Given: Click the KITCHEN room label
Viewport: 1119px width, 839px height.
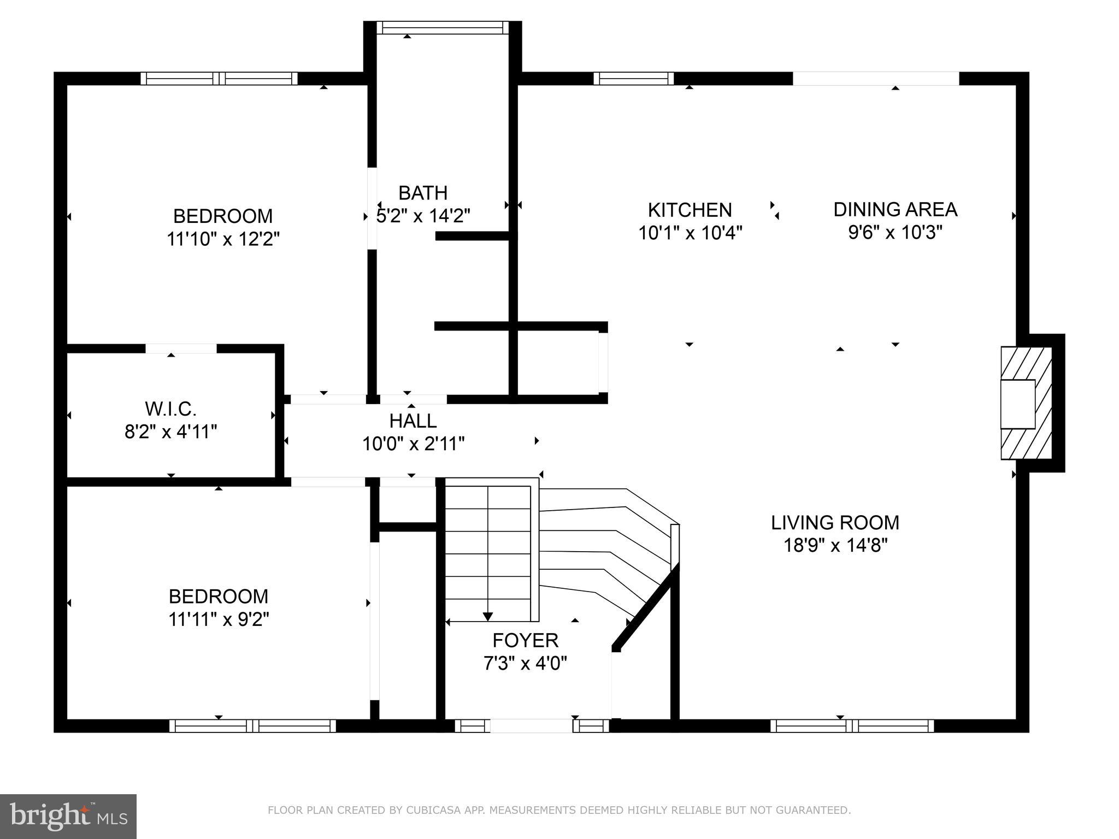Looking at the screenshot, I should [x=690, y=210].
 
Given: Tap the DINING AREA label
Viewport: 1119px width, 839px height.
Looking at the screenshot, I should [x=895, y=209].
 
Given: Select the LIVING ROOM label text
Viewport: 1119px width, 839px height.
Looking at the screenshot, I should [x=835, y=523].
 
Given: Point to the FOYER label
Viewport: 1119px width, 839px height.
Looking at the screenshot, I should [x=525, y=640].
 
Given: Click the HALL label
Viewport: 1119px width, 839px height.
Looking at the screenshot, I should [x=413, y=421].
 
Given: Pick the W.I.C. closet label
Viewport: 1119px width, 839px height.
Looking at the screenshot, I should [x=170, y=409].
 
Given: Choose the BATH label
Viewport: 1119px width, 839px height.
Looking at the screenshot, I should [x=423, y=193].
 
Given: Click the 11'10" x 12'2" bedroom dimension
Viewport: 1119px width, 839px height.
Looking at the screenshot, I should [x=223, y=239].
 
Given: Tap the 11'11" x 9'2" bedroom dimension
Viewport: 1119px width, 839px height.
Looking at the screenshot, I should [x=219, y=619].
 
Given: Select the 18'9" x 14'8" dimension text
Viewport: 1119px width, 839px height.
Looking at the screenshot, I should [x=835, y=545].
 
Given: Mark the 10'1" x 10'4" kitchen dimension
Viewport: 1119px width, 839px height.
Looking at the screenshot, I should [x=690, y=233].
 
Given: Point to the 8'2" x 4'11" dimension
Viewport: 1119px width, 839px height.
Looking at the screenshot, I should [x=171, y=432].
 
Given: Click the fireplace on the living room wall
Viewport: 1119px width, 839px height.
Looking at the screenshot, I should [x=1025, y=403].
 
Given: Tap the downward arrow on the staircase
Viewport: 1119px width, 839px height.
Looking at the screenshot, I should [x=488, y=616].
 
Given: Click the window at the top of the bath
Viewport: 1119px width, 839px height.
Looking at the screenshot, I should [x=443, y=28].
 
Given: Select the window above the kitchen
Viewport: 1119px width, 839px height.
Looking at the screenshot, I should [x=634, y=79].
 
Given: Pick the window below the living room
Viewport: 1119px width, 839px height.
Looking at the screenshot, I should [x=852, y=726].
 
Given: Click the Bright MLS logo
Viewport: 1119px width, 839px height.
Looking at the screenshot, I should [x=68, y=816].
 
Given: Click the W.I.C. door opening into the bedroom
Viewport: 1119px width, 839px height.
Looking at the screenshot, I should [x=181, y=348].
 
